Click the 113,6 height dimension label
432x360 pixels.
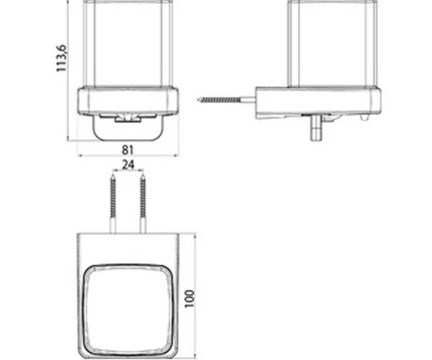point(61,58)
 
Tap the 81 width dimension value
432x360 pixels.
point(127,150)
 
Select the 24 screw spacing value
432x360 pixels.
point(128,165)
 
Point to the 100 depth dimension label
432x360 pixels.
point(189,299)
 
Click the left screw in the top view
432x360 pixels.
point(113,203)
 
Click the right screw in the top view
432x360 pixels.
point(143,203)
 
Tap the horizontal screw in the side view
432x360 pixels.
point(227,99)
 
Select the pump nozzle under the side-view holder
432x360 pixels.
point(316,128)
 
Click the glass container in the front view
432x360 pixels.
point(128,44)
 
